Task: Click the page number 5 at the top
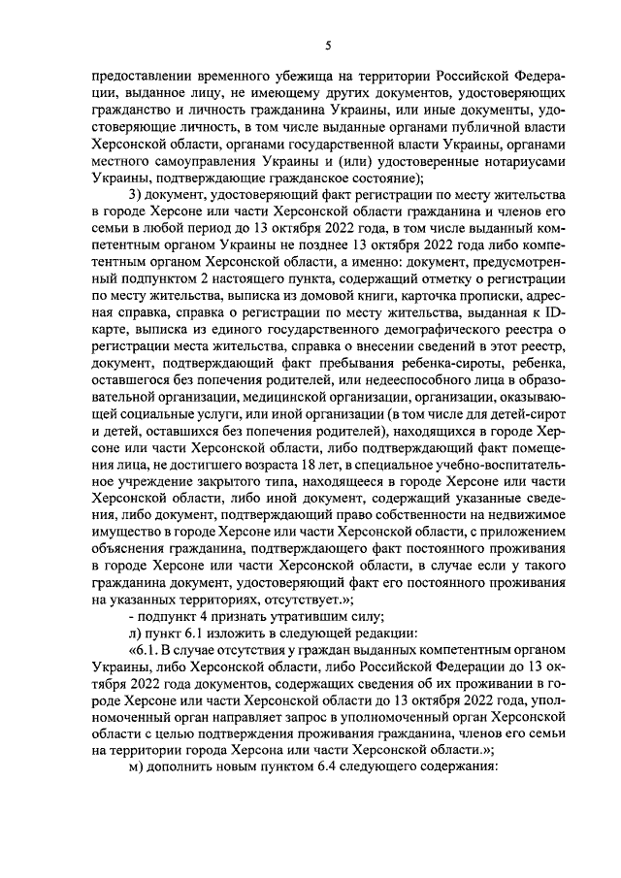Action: [x=328, y=46]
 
